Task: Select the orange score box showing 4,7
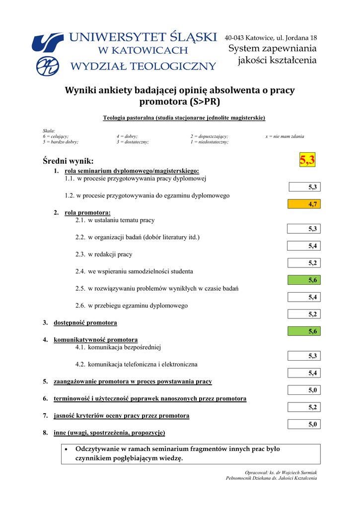coord(304,204)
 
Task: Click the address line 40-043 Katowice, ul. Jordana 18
coord(271,38)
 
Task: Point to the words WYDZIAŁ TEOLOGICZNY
coord(144,66)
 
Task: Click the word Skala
coord(49,130)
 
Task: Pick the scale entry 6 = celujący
coord(56,136)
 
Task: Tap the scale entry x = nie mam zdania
coord(285,136)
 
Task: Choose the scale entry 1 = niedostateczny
coord(209,142)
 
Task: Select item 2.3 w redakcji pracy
coord(104,254)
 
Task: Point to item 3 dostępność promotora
coord(85,323)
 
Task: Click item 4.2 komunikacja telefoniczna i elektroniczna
coord(136,365)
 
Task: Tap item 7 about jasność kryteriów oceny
coord(121,415)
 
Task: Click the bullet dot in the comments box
coord(67,449)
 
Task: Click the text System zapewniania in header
coord(272,49)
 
